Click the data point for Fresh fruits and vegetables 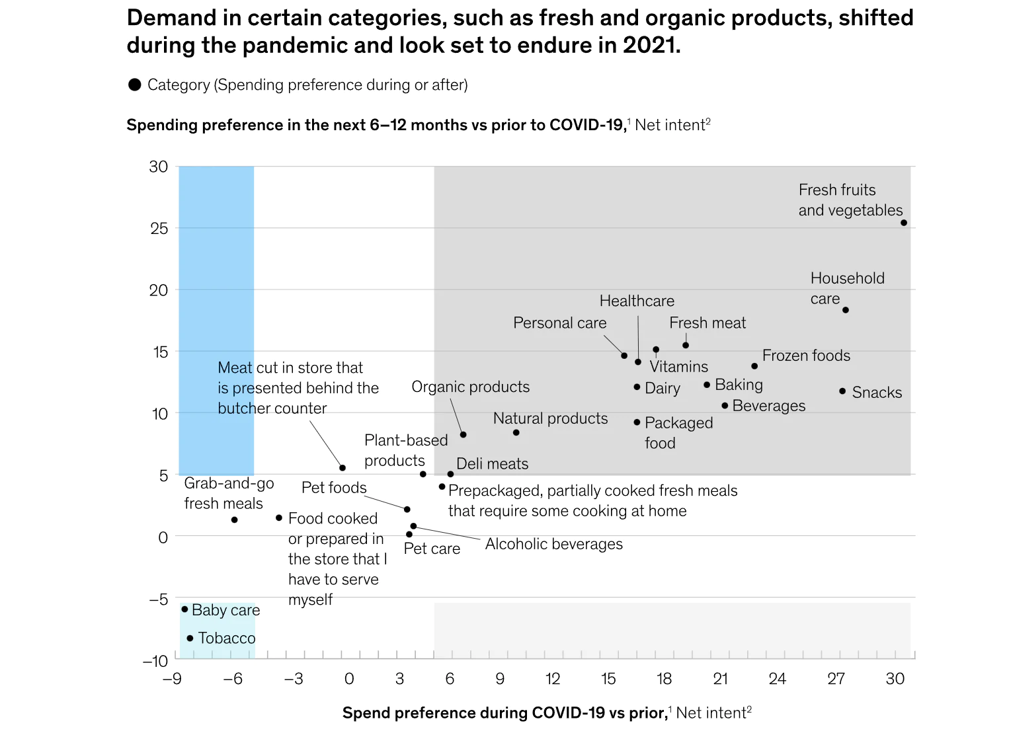click(904, 223)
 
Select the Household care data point click(846, 310)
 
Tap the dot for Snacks click(842, 391)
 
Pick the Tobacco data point click(190, 638)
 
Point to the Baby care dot click(184, 609)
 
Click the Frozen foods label click(806, 356)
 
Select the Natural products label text click(550, 418)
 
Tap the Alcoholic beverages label click(554, 544)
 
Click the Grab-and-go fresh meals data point click(235, 520)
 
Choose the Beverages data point click(725, 406)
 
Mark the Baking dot click(707, 385)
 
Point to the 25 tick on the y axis click(159, 228)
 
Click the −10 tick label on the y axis click(155, 660)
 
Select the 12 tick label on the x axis click(553, 679)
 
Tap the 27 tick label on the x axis click(836, 679)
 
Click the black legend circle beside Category click(135, 85)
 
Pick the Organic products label click(470, 387)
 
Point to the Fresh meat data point click(686, 345)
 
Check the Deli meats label click(492, 464)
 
